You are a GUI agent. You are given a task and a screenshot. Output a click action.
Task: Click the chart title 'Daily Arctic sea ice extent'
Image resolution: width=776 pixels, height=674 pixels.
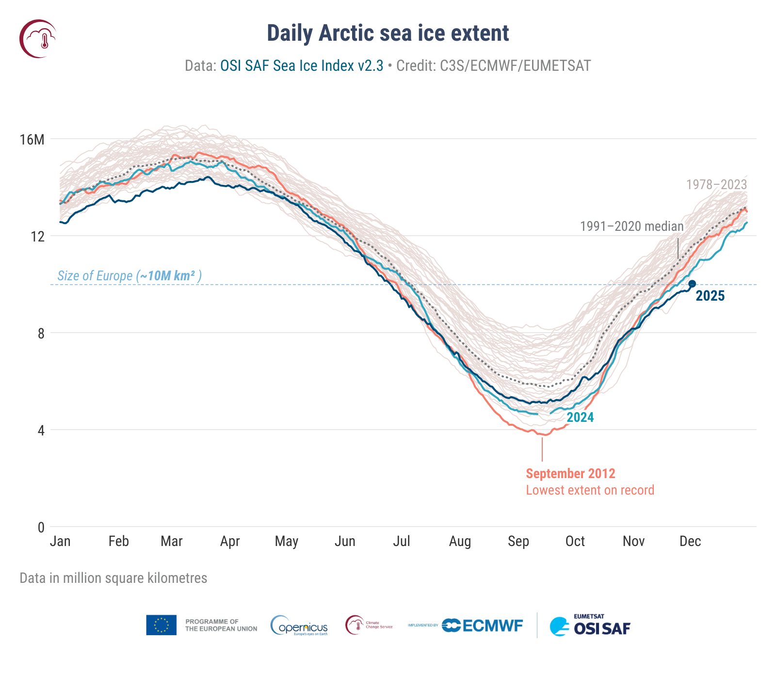click(x=388, y=33)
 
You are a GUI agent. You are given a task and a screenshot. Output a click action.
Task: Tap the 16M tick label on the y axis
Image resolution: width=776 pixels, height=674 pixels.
click(x=32, y=140)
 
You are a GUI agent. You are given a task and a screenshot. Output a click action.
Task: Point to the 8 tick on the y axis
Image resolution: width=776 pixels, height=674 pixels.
click(x=41, y=334)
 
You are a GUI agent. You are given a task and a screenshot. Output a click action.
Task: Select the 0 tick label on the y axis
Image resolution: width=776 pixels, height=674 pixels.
click(x=41, y=527)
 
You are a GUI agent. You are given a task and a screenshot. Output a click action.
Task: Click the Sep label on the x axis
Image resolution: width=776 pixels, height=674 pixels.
click(x=518, y=541)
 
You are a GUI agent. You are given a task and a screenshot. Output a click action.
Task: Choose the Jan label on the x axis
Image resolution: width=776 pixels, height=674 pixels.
click(x=60, y=541)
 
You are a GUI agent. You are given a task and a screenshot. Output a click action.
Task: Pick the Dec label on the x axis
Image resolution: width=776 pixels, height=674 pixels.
click(x=690, y=541)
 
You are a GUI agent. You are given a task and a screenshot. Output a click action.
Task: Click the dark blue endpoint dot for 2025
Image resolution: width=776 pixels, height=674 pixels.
click(x=692, y=284)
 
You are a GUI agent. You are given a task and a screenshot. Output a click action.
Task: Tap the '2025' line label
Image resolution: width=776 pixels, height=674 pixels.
click(x=710, y=296)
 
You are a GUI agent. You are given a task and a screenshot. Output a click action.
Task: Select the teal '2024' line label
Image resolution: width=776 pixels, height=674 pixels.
click(x=580, y=417)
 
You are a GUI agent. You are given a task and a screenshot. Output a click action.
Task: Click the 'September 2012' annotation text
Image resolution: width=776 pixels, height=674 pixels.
click(x=570, y=474)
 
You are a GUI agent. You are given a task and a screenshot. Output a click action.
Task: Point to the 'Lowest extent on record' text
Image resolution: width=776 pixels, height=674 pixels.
click(x=590, y=490)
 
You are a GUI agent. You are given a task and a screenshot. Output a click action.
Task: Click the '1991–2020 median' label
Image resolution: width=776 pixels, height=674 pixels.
click(x=631, y=226)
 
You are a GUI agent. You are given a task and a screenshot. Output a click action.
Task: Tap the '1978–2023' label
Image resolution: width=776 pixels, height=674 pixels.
click(x=716, y=185)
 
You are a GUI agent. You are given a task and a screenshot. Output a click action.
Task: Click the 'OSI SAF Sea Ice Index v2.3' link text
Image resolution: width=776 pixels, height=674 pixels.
click(x=302, y=65)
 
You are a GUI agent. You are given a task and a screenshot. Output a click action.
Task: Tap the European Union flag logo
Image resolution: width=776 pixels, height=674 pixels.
click(x=161, y=625)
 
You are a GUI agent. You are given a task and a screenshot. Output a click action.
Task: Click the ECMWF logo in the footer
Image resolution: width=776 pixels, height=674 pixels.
click(x=483, y=626)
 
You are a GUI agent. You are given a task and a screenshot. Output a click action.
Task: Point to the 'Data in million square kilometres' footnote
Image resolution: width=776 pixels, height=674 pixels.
click(x=113, y=578)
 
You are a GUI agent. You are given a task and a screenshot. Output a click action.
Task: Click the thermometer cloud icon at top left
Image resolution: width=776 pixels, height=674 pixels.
click(x=38, y=39)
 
